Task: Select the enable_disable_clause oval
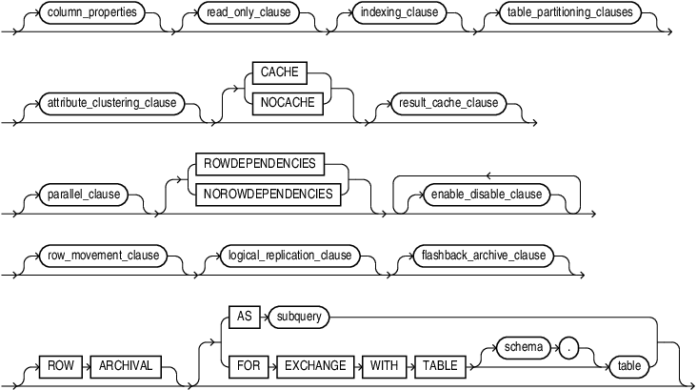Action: click(485, 194)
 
